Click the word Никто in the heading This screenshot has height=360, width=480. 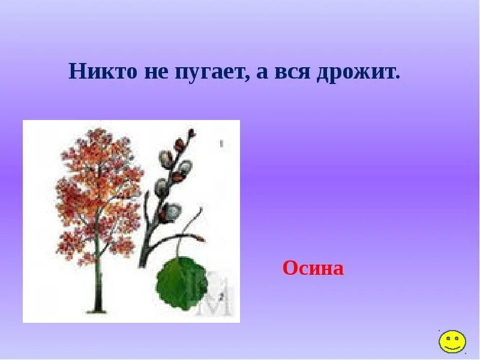pyautogui.click(x=103, y=71)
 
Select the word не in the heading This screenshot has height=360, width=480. pyautogui.click(x=156, y=71)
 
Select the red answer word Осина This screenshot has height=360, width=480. pyautogui.click(x=313, y=268)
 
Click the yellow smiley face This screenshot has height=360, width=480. pyautogui.click(x=452, y=341)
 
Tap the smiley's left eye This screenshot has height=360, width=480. pyautogui.click(x=447, y=338)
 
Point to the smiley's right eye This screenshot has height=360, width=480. pyautogui.click(x=457, y=338)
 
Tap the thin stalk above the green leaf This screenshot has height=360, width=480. pyautogui.click(x=178, y=246)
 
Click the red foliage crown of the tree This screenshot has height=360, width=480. pyautogui.click(x=96, y=192)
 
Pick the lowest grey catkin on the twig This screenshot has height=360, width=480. pyautogui.click(x=172, y=211)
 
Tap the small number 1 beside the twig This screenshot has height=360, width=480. pyautogui.click(x=221, y=143)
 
